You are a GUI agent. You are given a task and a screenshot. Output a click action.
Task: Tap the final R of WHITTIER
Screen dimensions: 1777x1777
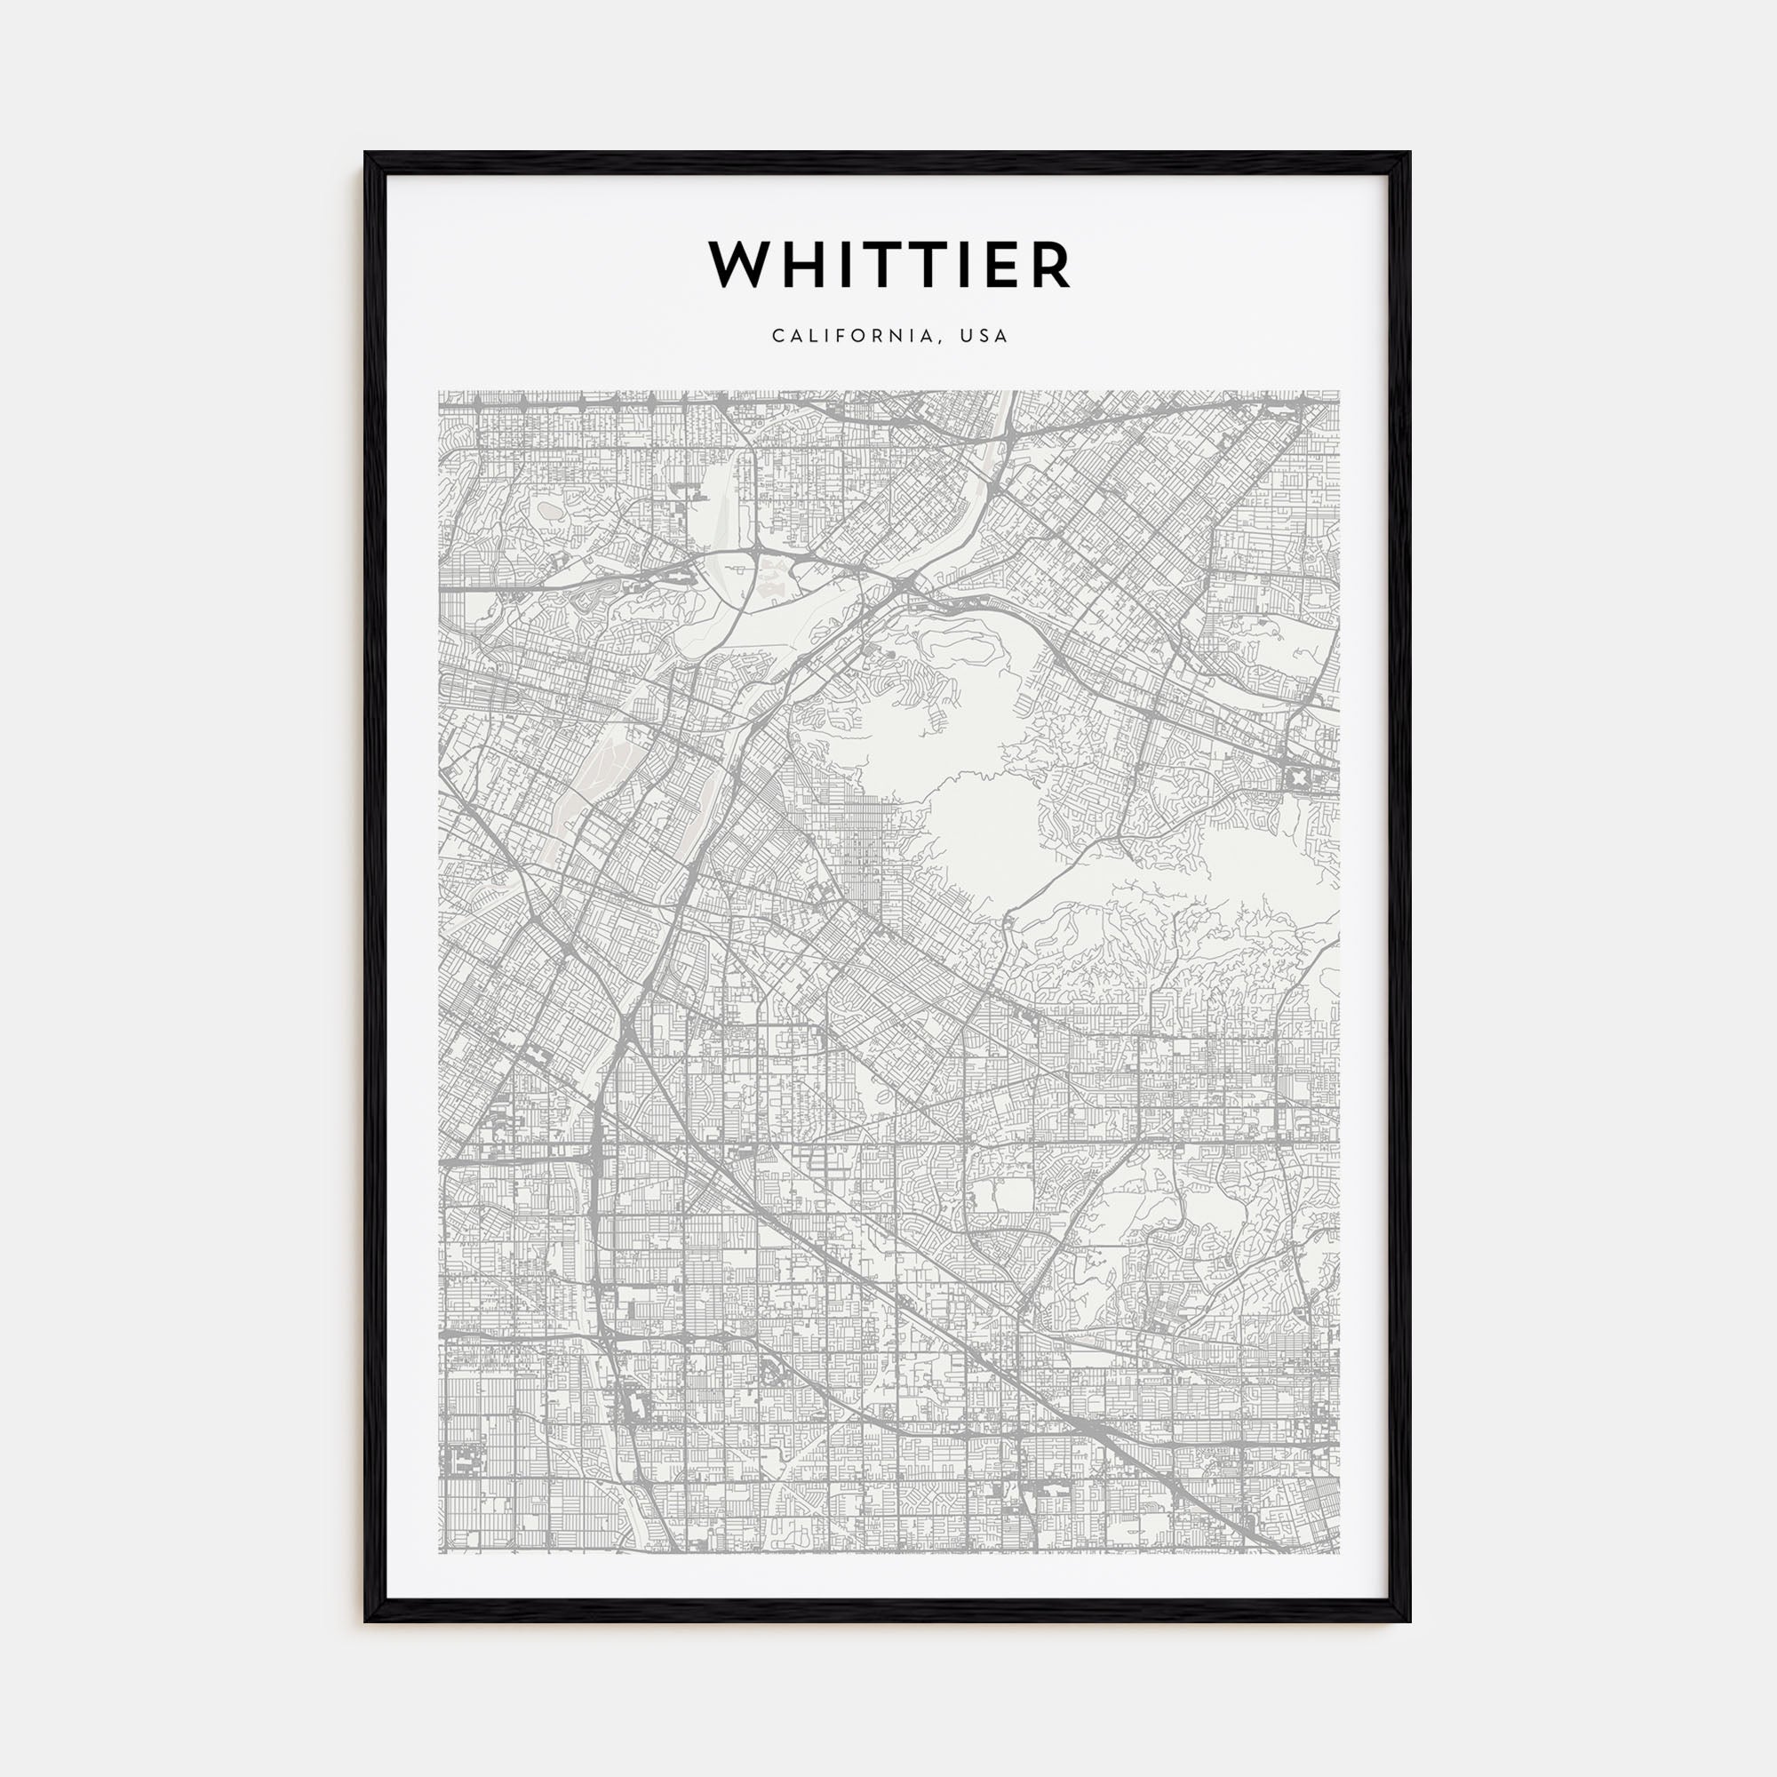(x=1050, y=265)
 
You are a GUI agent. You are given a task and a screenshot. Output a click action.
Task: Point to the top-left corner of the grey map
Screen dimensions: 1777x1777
(x=440, y=392)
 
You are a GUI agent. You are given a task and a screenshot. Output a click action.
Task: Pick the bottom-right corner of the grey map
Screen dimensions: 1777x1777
(x=1338, y=1552)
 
